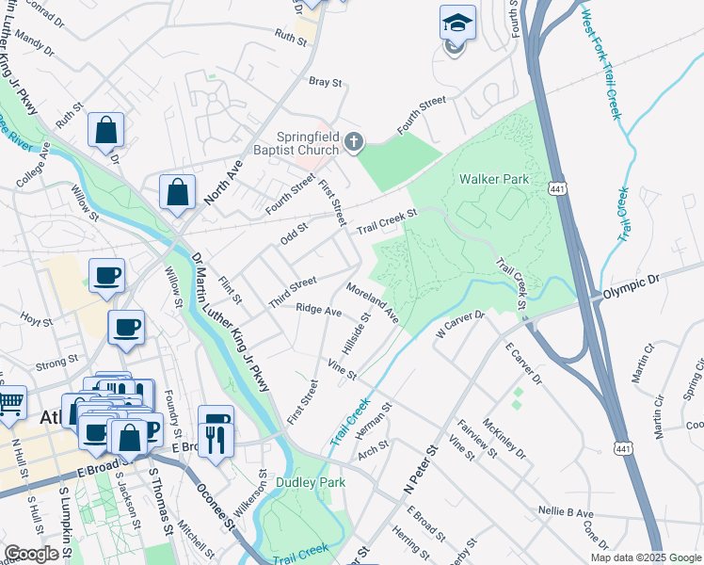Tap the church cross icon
coord(354,142)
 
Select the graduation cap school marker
coord(458,24)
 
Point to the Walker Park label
coord(494,179)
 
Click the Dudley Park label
coord(311,482)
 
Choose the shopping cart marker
coord(10,404)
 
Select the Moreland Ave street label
coord(374,302)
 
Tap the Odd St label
coord(295,233)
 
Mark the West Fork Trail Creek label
coord(601,64)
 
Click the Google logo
coord(31,554)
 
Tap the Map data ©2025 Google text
coord(646,557)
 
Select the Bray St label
coord(326,82)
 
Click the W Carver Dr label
coord(459,323)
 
